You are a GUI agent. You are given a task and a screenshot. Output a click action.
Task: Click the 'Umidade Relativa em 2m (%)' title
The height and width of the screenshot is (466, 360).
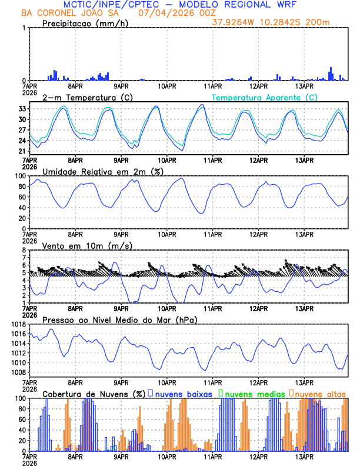pyautogui.click(x=102, y=171)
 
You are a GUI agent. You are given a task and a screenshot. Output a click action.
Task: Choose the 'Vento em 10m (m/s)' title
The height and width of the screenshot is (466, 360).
pyautogui.click(x=88, y=245)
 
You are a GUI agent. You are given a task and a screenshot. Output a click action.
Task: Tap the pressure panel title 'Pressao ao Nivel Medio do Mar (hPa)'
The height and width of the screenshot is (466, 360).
pyautogui.click(x=120, y=319)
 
